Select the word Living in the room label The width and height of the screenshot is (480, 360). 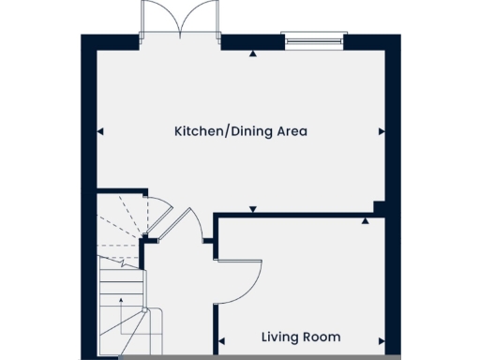(280, 337)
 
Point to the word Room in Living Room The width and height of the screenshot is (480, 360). (323, 337)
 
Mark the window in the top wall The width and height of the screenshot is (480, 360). (315, 40)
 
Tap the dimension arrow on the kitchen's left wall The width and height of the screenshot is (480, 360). (100, 130)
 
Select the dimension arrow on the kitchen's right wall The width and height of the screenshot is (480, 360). (382, 130)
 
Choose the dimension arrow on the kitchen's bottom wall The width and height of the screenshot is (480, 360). (252, 208)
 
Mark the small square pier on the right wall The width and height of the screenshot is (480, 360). (379, 207)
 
